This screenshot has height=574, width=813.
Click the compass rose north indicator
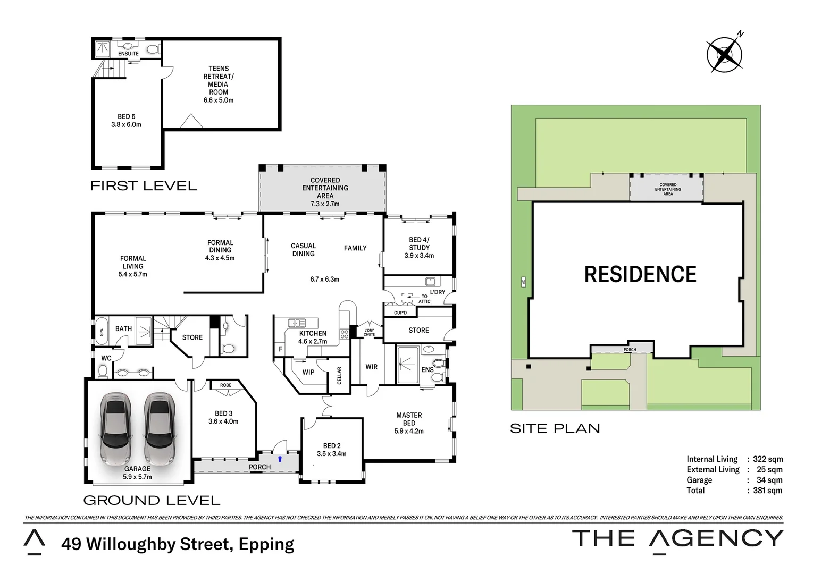(724, 54)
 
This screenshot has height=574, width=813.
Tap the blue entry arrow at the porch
(280, 459)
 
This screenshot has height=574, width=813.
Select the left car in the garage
(115, 428)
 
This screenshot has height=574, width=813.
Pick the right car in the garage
(160, 428)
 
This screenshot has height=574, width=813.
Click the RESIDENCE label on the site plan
(640, 275)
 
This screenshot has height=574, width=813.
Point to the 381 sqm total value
(767, 491)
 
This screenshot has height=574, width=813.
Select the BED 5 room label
(126, 117)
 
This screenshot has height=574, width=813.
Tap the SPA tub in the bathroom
(102, 332)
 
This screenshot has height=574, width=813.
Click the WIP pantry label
(308, 373)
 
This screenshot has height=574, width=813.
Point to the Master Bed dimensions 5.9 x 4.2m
(409, 432)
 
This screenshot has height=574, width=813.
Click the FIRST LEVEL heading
(144, 186)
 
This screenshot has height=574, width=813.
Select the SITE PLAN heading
(555, 429)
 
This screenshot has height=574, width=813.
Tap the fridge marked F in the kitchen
(280, 349)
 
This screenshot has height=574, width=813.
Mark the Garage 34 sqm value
(769, 480)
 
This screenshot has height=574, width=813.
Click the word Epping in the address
(266, 545)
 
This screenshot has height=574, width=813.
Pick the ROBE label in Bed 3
(225, 385)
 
